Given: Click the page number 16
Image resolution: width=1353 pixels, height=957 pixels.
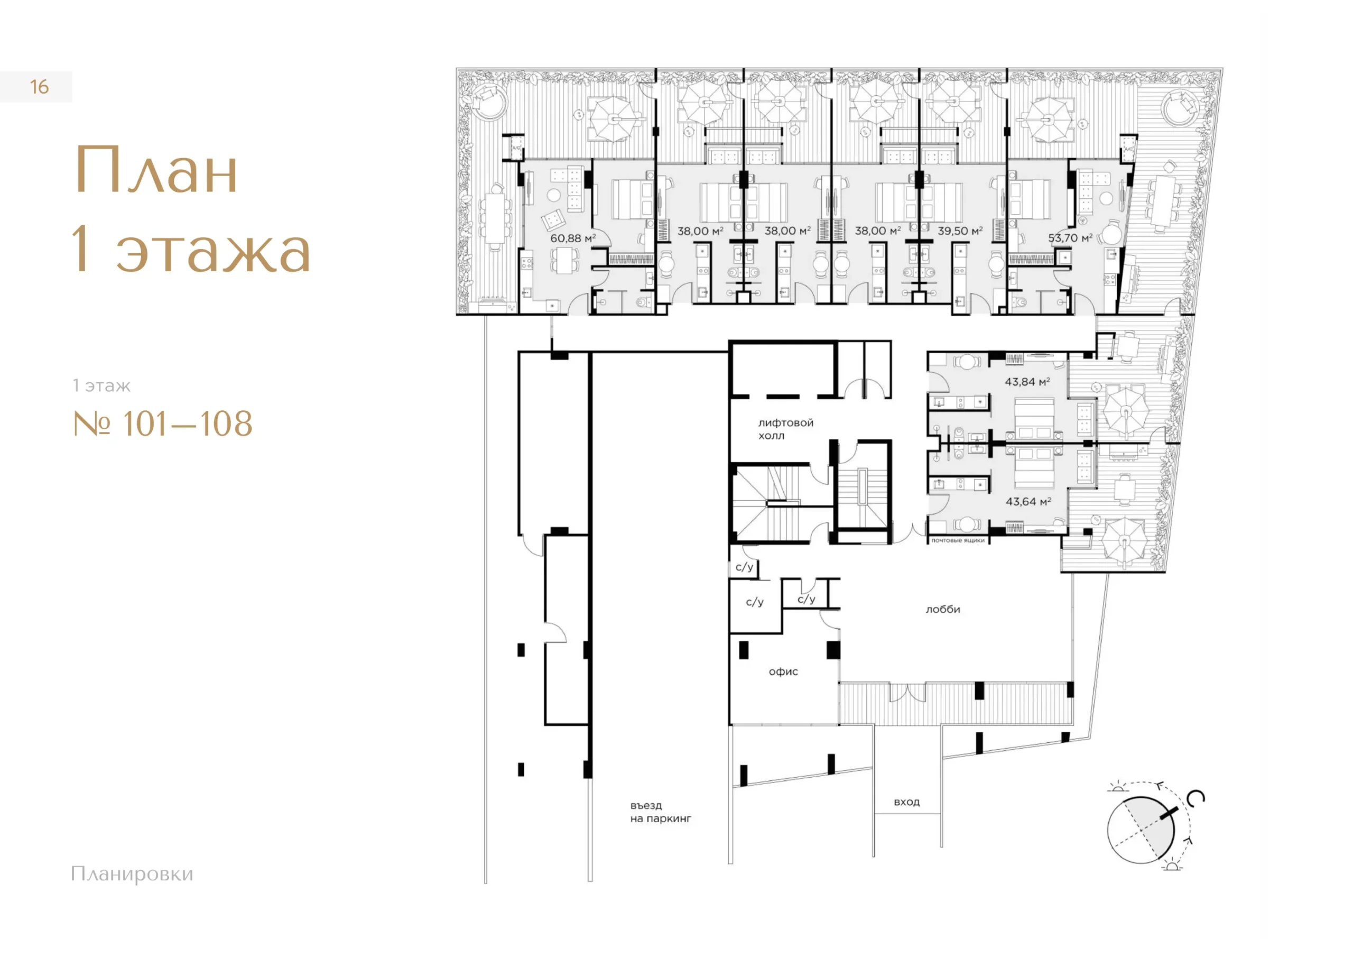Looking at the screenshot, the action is pos(40,87).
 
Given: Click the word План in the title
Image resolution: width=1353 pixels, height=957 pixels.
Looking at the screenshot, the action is pos(156,170).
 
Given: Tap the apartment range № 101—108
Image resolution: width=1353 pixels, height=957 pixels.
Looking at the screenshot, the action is pos(163,424).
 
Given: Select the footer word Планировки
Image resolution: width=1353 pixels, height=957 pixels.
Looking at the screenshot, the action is pos(132,873).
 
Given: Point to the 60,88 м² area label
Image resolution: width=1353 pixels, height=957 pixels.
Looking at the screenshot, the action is pos(573,238).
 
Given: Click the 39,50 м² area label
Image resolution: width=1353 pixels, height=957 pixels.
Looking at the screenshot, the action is pos(960,231).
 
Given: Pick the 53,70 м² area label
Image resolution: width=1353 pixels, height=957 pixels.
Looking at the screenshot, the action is pos(1070,237).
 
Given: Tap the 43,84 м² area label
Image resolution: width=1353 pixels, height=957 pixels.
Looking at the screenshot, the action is pos(1027,382).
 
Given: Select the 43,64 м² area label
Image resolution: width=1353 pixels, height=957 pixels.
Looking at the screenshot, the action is pos(1028,501).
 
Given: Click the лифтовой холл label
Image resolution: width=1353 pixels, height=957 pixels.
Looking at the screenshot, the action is pos(785,429).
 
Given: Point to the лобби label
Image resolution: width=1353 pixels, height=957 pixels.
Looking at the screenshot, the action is pos(943,609).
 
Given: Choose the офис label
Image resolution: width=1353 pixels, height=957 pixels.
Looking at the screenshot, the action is pos(783,671).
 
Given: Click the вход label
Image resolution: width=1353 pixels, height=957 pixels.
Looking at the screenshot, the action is pos(906,802).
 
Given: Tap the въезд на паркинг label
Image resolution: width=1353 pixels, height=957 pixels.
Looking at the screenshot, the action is pos(661,812).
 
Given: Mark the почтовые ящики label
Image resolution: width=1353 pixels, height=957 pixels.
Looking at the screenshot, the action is pos(958,540).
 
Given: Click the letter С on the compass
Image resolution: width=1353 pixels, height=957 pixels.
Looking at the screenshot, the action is pos(1196,798).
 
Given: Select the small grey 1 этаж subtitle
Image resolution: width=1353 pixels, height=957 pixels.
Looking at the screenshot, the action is pos(101,385).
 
